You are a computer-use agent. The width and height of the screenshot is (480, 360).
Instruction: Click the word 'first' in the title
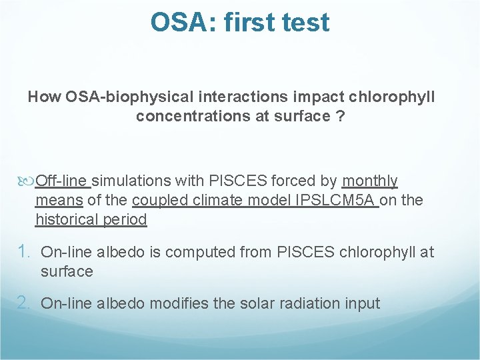coord(248,22)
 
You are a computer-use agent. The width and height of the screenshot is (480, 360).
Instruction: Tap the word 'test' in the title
coord(304,22)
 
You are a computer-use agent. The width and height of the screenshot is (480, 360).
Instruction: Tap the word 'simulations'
coord(132,181)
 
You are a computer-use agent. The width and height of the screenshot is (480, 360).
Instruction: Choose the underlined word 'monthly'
coord(369,181)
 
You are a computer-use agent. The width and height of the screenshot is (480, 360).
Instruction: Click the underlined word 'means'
coord(59,201)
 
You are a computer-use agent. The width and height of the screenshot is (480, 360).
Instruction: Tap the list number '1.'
coord(25,252)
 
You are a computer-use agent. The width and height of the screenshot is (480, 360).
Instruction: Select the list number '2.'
coord(25,303)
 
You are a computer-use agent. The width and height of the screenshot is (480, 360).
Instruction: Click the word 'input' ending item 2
coord(361,304)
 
